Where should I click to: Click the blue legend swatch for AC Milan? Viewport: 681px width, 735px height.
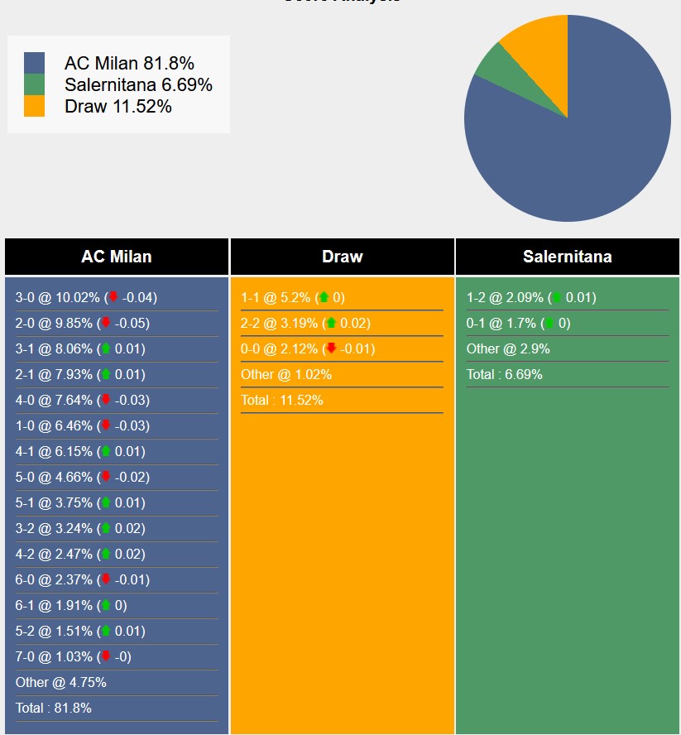(x=34, y=63)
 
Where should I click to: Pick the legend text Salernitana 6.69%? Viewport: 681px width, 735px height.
(x=138, y=84)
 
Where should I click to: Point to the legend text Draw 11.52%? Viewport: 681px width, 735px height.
(x=117, y=106)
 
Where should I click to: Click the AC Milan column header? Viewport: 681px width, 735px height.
(x=117, y=257)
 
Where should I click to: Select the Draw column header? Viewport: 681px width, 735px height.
(x=343, y=257)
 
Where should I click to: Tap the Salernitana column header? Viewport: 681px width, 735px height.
(x=567, y=257)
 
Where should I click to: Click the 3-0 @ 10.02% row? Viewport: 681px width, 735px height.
(x=86, y=298)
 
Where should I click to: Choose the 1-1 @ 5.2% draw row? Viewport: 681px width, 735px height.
(x=293, y=298)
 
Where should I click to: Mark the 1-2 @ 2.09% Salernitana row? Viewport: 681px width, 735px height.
(x=530, y=298)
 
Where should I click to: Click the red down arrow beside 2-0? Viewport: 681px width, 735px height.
(x=106, y=324)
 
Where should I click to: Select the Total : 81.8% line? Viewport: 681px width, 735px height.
(x=54, y=709)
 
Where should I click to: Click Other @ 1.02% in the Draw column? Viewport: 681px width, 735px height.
(x=286, y=375)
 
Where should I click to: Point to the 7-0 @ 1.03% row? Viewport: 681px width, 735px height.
(x=73, y=657)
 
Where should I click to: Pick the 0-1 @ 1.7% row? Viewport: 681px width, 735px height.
(x=518, y=324)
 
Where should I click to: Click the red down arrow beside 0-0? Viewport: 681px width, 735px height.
(x=331, y=349)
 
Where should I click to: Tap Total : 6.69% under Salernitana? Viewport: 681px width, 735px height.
(x=505, y=375)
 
